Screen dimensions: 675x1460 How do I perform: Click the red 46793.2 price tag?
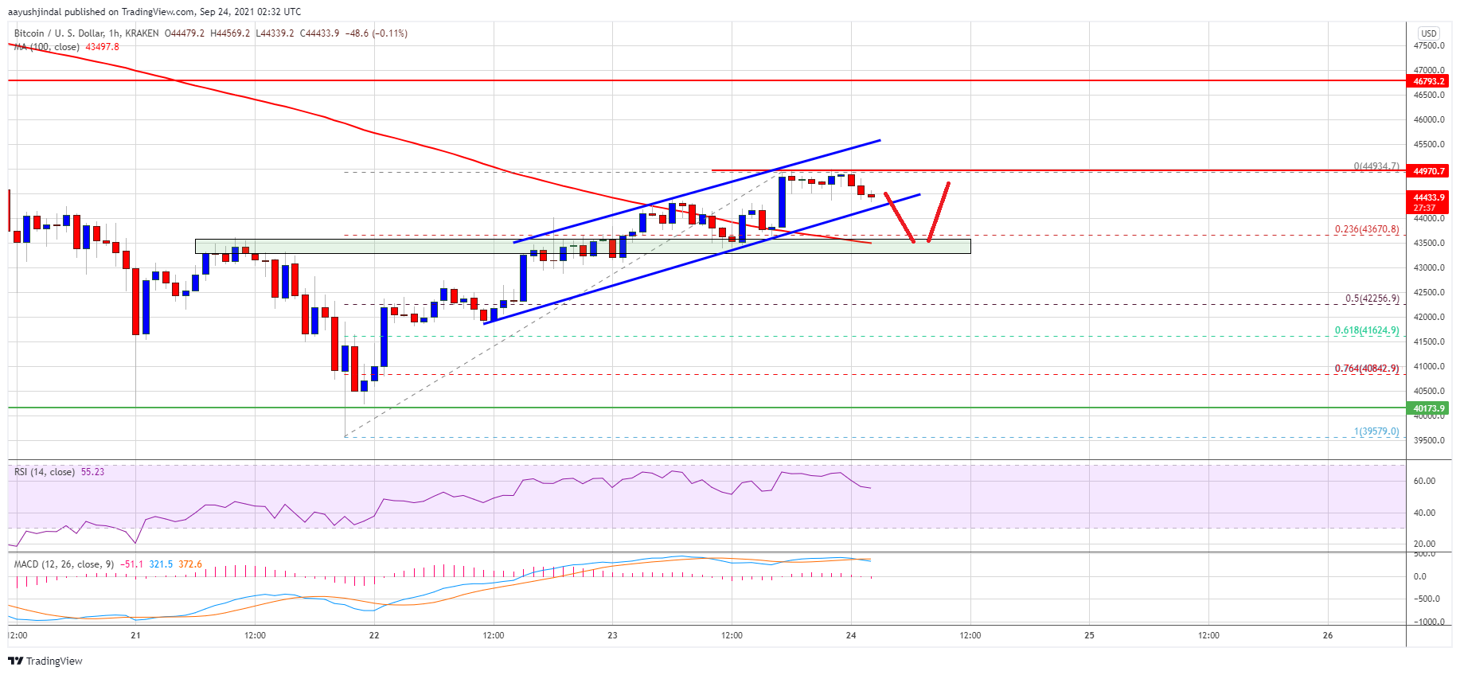tap(1428, 81)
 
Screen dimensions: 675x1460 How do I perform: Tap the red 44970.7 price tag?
tap(1428, 171)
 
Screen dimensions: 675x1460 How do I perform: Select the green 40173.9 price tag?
tap(1428, 408)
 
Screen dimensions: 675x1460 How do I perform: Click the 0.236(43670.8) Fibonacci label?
tap(1366, 229)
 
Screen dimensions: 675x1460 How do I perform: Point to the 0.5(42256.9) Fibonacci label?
tap(1371, 298)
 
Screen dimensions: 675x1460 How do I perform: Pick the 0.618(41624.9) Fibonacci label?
tap(1366, 330)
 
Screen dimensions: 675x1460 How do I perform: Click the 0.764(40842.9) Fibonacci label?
tap(1366, 369)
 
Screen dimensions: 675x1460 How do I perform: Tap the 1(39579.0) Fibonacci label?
tap(1376, 431)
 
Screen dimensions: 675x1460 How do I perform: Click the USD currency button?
tap(1428, 33)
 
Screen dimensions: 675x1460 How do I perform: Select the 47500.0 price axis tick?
tap(1428, 45)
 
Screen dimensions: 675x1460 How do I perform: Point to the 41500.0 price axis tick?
tap(1428, 341)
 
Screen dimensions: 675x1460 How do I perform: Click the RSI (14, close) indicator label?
tap(45, 472)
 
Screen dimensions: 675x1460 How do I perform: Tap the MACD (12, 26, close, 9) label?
tap(57, 564)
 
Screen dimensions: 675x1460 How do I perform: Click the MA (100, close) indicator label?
tap(48, 47)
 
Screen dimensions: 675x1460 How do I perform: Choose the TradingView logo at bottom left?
tap(45, 661)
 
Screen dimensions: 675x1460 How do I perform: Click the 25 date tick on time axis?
tap(1089, 635)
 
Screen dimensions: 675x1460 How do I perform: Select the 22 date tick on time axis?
tap(374, 635)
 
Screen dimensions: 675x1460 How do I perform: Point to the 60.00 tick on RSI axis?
tap(1424, 481)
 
